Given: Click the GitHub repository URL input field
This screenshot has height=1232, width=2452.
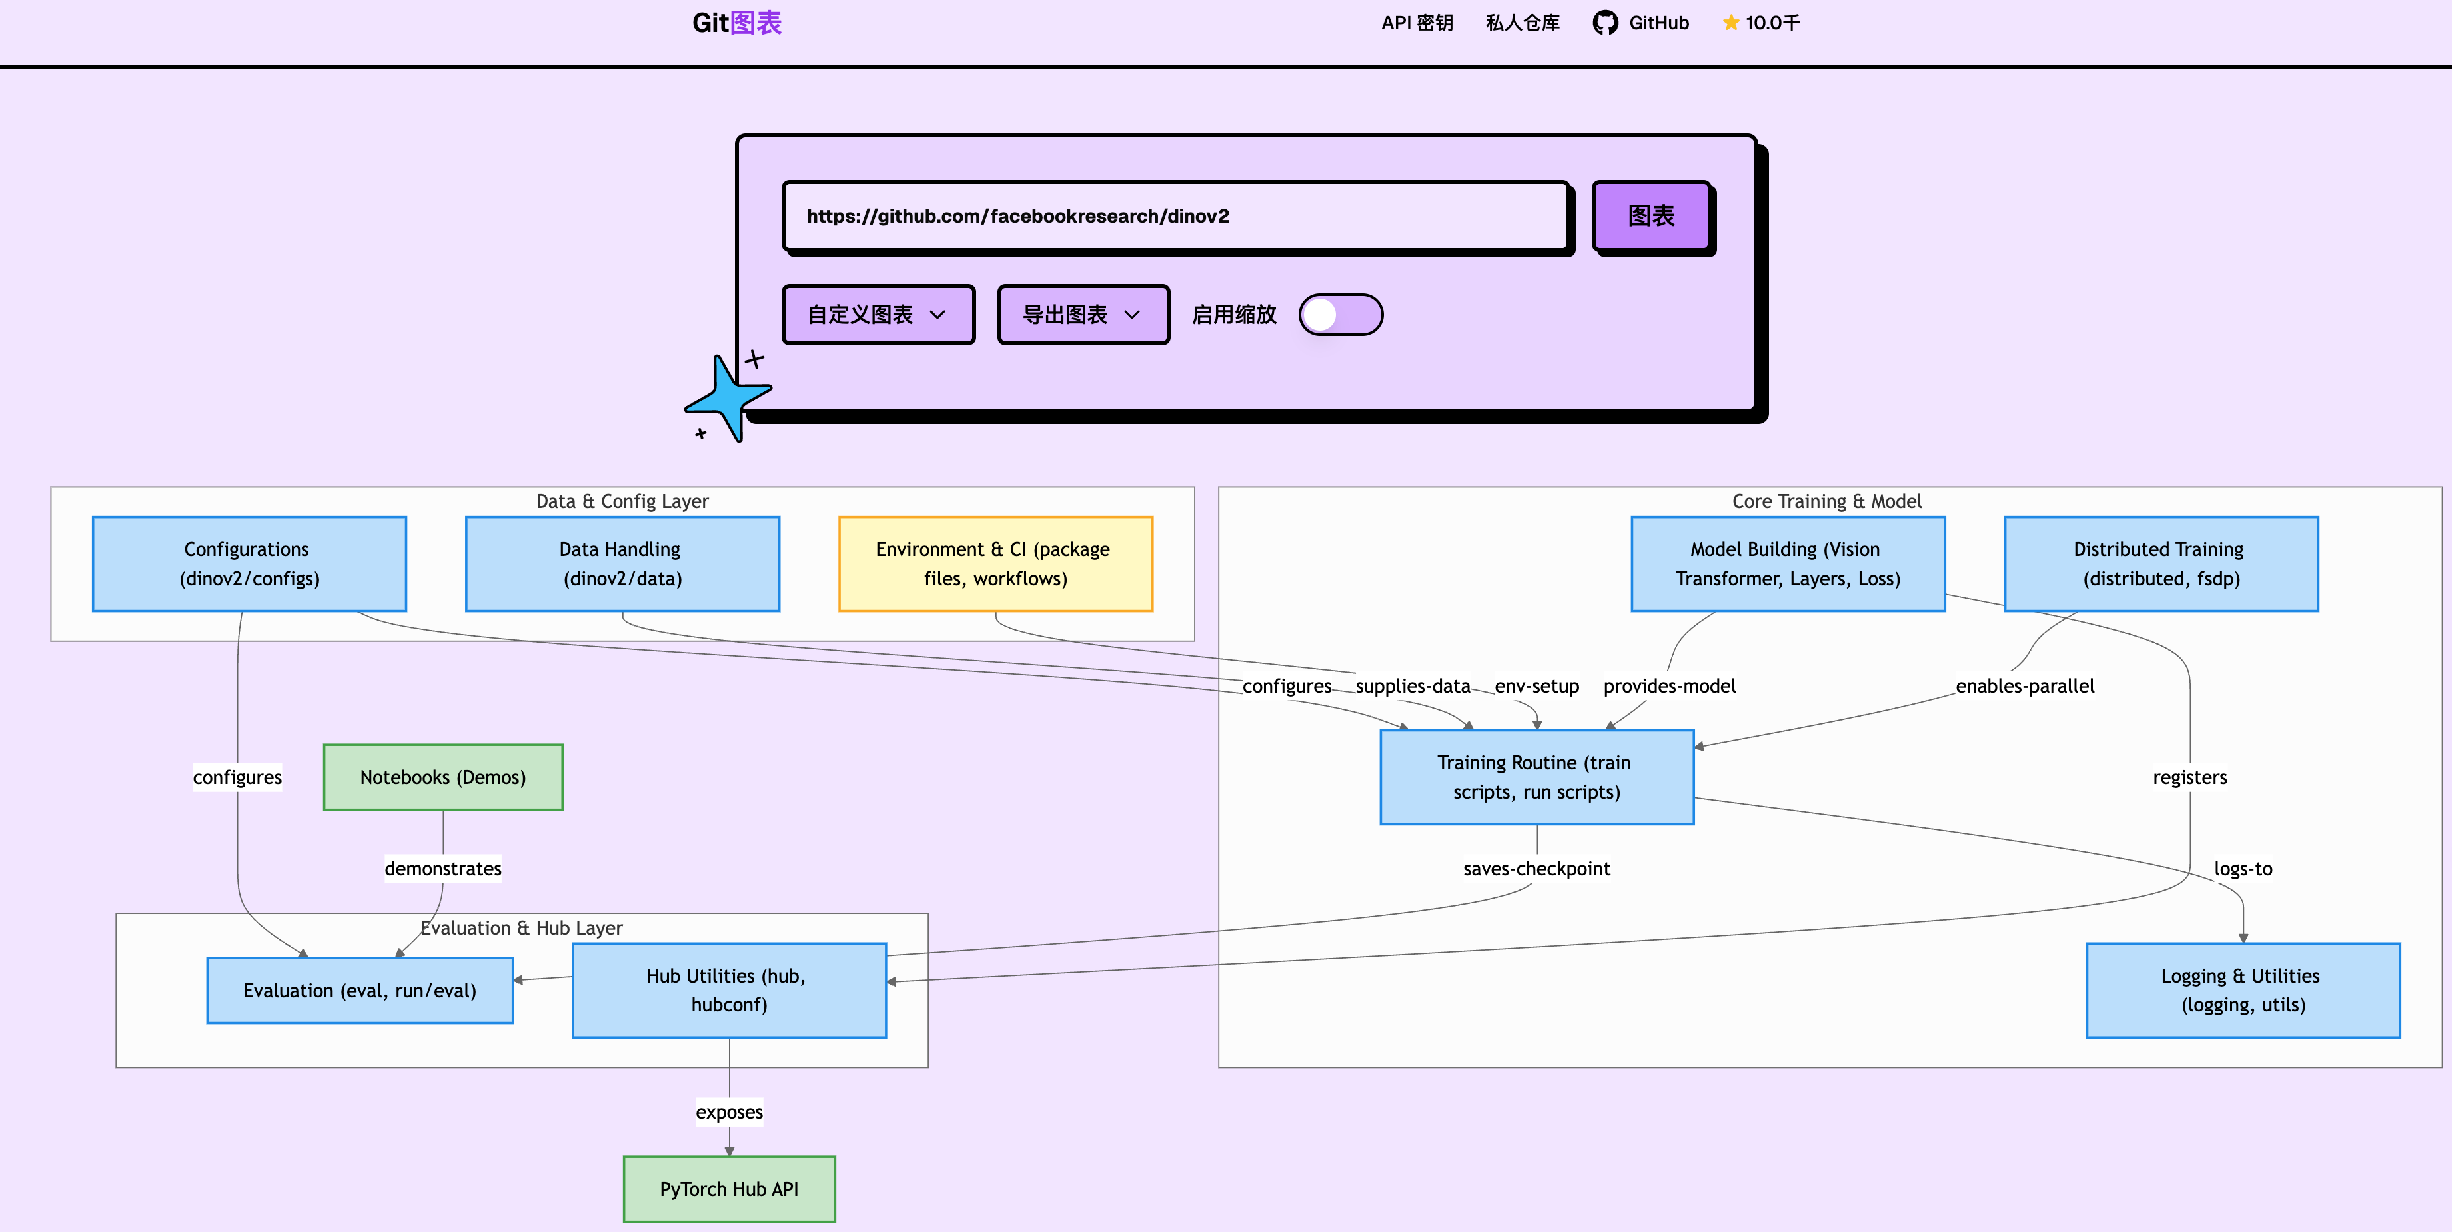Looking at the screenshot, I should [x=1175, y=216].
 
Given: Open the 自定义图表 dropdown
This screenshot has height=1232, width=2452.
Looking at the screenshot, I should [x=878, y=314].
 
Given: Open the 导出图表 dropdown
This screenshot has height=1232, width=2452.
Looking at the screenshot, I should [x=1082, y=314].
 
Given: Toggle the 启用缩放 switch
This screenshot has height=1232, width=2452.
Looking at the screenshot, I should [x=1340, y=314].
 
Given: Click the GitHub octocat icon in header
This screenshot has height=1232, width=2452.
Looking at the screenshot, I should [x=1605, y=23].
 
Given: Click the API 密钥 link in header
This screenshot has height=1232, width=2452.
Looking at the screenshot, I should [x=1417, y=23].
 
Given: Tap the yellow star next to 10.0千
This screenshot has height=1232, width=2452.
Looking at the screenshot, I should [x=1730, y=23].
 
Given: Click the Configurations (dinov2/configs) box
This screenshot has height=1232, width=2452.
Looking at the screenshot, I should [x=249, y=563].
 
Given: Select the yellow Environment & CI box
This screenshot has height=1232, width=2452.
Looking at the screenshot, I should [x=995, y=563].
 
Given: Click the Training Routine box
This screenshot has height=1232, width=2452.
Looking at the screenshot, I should [x=1536, y=777].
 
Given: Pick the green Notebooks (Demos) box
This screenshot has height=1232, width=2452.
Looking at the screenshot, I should [x=442, y=777].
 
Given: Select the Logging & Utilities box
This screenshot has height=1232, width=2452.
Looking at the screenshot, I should [x=2243, y=990].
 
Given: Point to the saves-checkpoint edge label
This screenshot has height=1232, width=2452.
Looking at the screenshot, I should [x=1536, y=868].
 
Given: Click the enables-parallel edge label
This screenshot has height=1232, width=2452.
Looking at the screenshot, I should [x=2025, y=685].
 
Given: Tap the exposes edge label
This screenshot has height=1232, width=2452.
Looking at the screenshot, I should [x=729, y=1112].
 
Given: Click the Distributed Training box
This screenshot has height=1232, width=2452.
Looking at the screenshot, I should [x=2161, y=563].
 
